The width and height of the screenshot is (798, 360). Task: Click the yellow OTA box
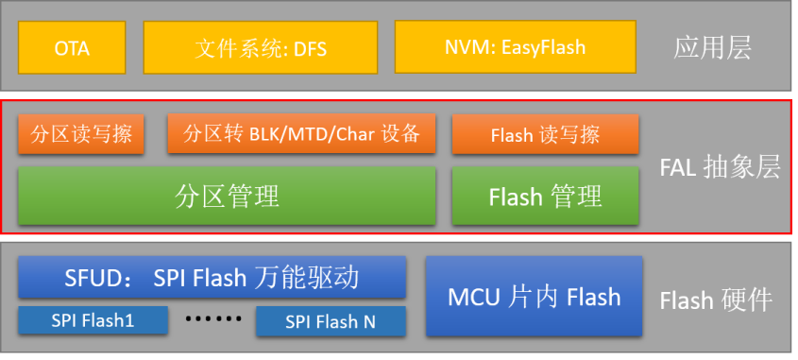point(72,47)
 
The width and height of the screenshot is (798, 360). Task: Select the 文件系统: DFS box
point(260,47)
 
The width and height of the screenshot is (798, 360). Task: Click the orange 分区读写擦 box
point(80,134)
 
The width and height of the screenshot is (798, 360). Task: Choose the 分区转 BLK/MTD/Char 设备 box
point(301,134)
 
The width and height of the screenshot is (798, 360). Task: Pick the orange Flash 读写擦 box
point(545,135)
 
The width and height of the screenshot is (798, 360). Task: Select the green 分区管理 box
point(227,197)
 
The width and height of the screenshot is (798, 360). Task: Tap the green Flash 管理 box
point(545,197)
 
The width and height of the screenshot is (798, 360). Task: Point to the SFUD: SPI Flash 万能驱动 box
point(212,278)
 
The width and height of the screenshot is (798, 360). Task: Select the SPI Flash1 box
point(93,321)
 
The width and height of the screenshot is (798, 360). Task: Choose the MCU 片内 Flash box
point(534,297)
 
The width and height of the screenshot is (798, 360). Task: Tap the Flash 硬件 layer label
point(716,300)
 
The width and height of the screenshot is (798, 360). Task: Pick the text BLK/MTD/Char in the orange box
point(294,134)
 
